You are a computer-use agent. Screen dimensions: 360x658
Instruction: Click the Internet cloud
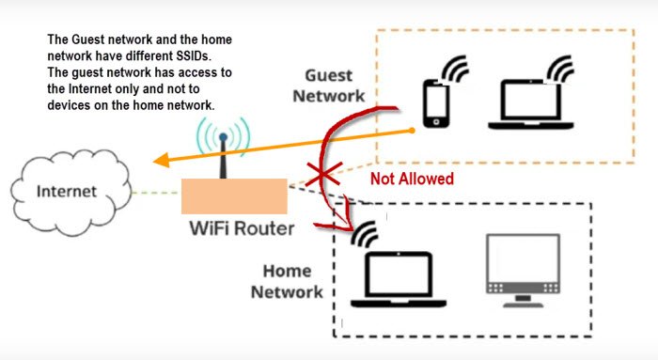click(65, 193)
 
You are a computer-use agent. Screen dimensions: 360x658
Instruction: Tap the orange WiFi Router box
click(233, 196)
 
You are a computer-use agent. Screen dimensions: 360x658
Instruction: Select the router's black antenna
click(224, 156)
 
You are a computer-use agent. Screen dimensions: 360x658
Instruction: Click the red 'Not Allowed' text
click(412, 178)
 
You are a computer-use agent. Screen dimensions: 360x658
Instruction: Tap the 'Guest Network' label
click(328, 85)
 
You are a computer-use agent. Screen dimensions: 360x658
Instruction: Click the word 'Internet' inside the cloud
click(66, 192)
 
